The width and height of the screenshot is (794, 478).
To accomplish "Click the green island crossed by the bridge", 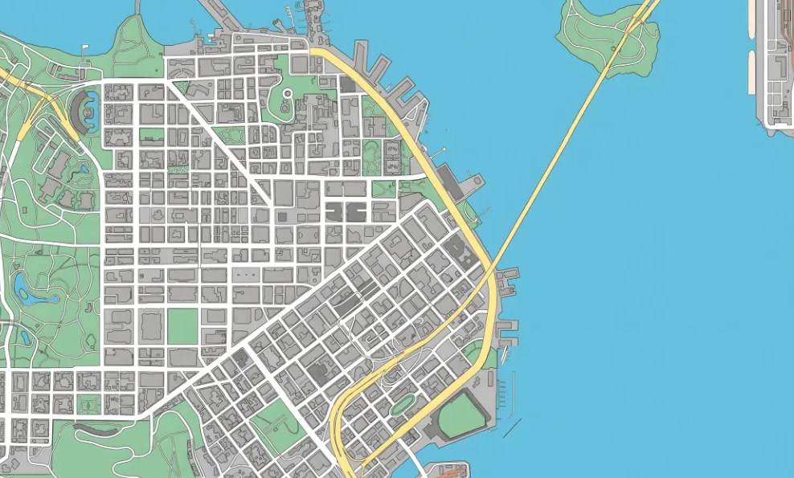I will [x=599, y=36].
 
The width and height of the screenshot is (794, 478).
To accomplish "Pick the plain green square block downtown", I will [x=182, y=324].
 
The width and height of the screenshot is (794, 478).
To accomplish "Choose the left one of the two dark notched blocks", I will [x=337, y=211].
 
